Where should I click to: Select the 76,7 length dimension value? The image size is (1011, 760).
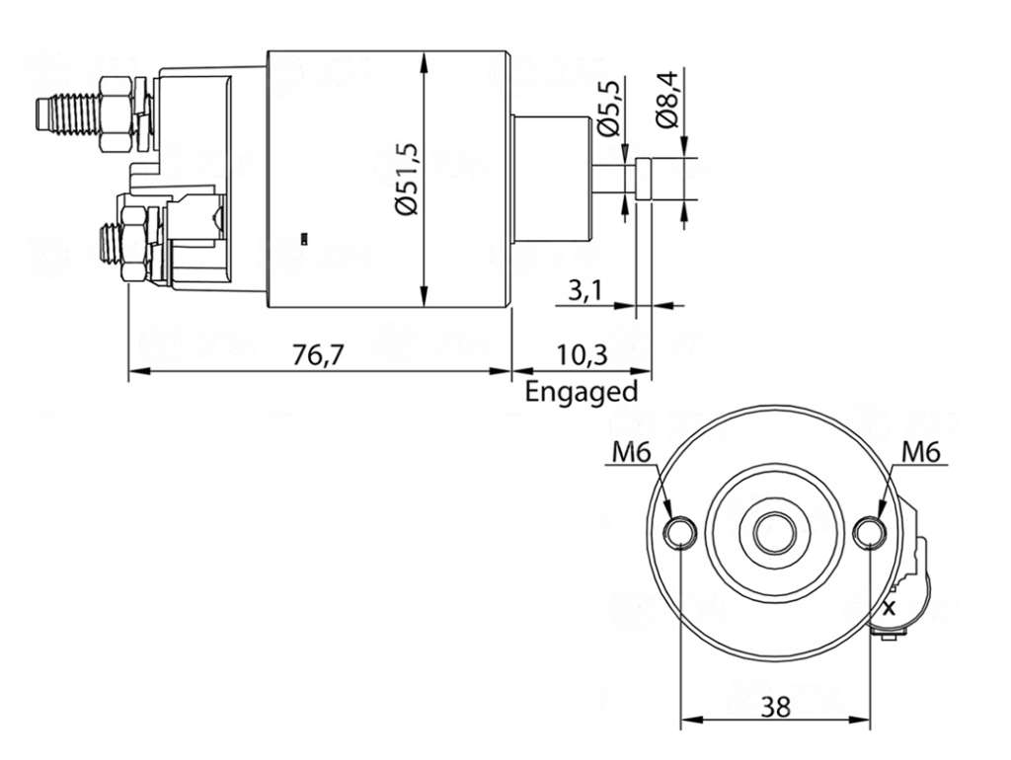[x=319, y=355]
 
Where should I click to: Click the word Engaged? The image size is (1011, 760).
[x=581, y=391]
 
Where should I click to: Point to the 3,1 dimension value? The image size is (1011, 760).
[x=585, y=291]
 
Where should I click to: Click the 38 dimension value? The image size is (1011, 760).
[x=775, y=707]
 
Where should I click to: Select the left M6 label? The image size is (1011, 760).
[x=630, y=453]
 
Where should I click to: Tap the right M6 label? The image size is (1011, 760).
[x=921, y=453]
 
